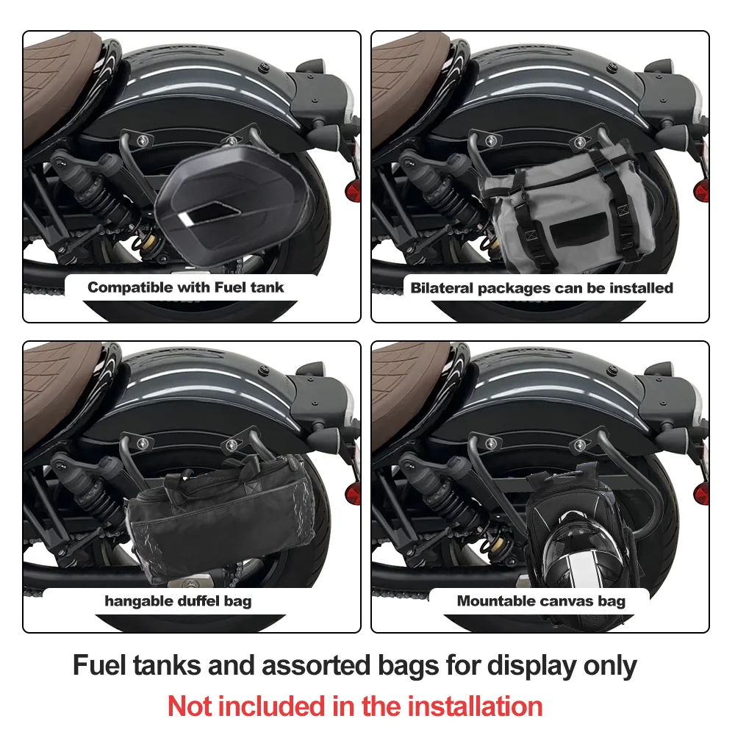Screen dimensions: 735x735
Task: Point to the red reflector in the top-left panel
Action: [x=353, y=191]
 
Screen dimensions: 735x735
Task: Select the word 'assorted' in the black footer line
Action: [x=316, y=665]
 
